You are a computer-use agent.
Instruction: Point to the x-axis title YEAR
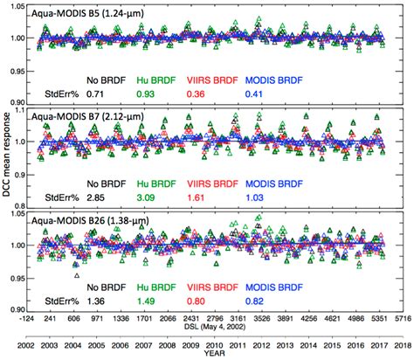pos(214,354)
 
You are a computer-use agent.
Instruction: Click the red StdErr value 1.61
pos(198,199)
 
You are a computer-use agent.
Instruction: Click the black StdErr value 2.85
pos(96,199)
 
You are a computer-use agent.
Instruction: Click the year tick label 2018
pos(400,343)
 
